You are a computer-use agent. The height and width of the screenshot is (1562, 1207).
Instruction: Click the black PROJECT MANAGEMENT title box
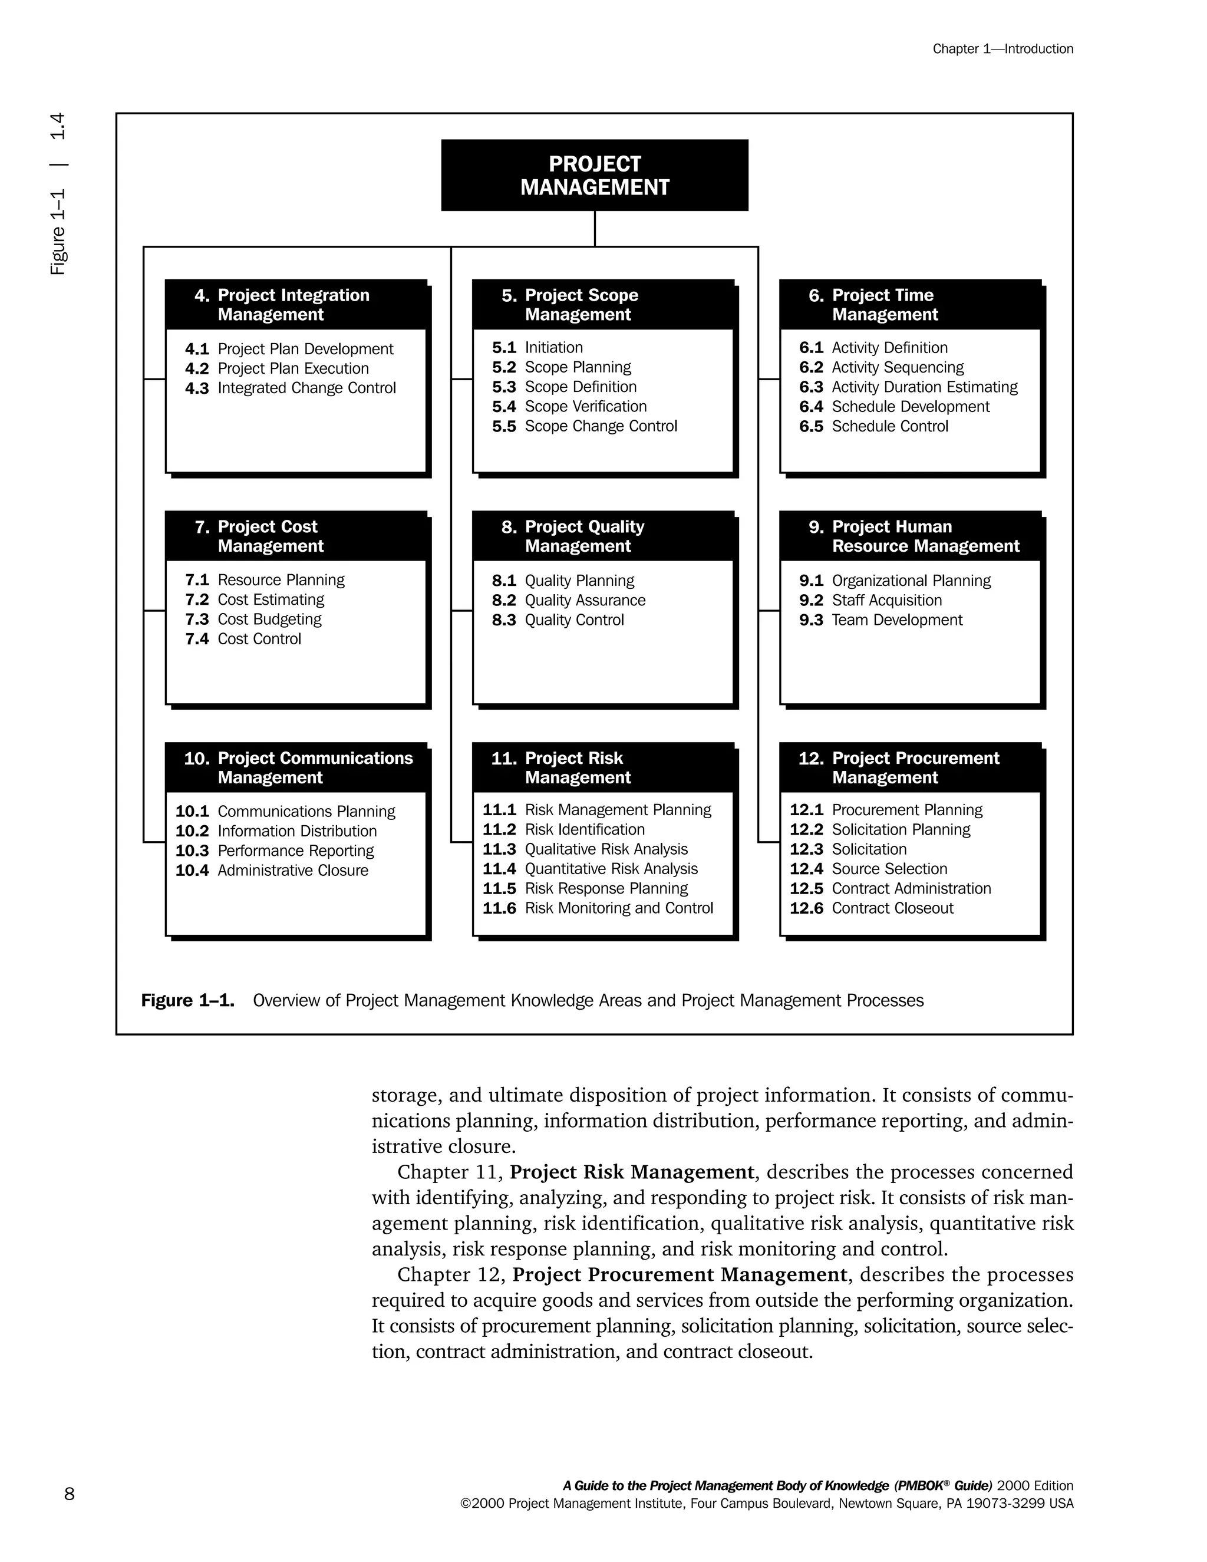[594, 175]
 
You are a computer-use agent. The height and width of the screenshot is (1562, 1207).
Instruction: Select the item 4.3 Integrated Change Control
[291, 388]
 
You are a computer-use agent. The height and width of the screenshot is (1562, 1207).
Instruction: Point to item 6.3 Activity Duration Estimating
[908, 387]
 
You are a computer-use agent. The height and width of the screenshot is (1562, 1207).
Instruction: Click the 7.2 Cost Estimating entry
[255, 599]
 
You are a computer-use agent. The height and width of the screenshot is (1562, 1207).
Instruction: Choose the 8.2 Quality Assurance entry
[569, 600]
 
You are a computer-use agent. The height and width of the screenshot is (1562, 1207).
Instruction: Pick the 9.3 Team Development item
[881, 620]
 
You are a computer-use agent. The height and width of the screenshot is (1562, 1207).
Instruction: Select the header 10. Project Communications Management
[298, 767]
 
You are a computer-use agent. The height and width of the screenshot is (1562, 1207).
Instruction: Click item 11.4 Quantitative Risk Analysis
[590, 869]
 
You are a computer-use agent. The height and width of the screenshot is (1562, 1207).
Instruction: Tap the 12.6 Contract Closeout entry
[872, 908]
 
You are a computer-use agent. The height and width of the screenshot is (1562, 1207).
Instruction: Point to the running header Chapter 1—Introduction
[1002, 49]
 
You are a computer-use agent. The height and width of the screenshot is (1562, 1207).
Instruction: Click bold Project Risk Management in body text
[632, 1172]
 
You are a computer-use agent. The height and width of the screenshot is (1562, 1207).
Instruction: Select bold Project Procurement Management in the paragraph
[680, 1274]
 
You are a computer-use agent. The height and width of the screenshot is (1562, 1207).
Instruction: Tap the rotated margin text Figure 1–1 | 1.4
[58, 193]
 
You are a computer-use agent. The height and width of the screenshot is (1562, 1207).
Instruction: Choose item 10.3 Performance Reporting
[275, 851]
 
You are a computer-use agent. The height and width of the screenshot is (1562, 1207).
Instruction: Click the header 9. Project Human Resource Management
[913, 536]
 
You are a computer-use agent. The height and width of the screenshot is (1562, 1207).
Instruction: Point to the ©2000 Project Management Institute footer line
[767, 1504]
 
